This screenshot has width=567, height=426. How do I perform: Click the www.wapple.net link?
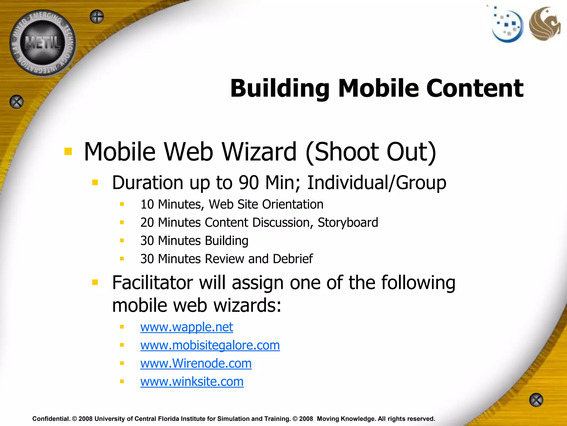pyautogui.click(x=186, y=327)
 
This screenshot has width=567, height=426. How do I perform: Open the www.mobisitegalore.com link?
pyautogui.click(x=210, y=345)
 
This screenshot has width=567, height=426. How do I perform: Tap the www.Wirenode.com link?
pyautogui.click(x=196, y=363)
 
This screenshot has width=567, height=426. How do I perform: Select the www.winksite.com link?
pyautogui.click(x=192, y=382)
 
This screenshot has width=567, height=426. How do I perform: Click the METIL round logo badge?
pyautogui.click(x=43, y=43)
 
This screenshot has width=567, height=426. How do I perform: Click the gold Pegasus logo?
pyautogui.click(x=544, y=24)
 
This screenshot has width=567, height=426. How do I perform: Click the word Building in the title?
pyautogui.click(x=280, y=89)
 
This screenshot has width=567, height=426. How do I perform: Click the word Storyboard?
pyautogui.click(x=348, y=222)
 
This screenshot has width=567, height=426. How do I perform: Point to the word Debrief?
pyautogui.click(x=293, y=259)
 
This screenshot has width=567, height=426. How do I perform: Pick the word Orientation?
pyautogui.click(x=293, y=204)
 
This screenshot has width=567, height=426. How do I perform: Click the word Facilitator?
pyautogui.click(x=152, y=283)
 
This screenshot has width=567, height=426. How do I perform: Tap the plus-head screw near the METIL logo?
pyautogui.click(x=97, y=17)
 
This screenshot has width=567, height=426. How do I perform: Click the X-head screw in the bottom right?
pyautogui.click(x=536, y=400)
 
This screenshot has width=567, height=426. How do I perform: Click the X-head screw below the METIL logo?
pyautogui.click(x=17, y=102)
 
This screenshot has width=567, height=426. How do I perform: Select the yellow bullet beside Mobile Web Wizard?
pyautogui.click(x=68, y=152)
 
